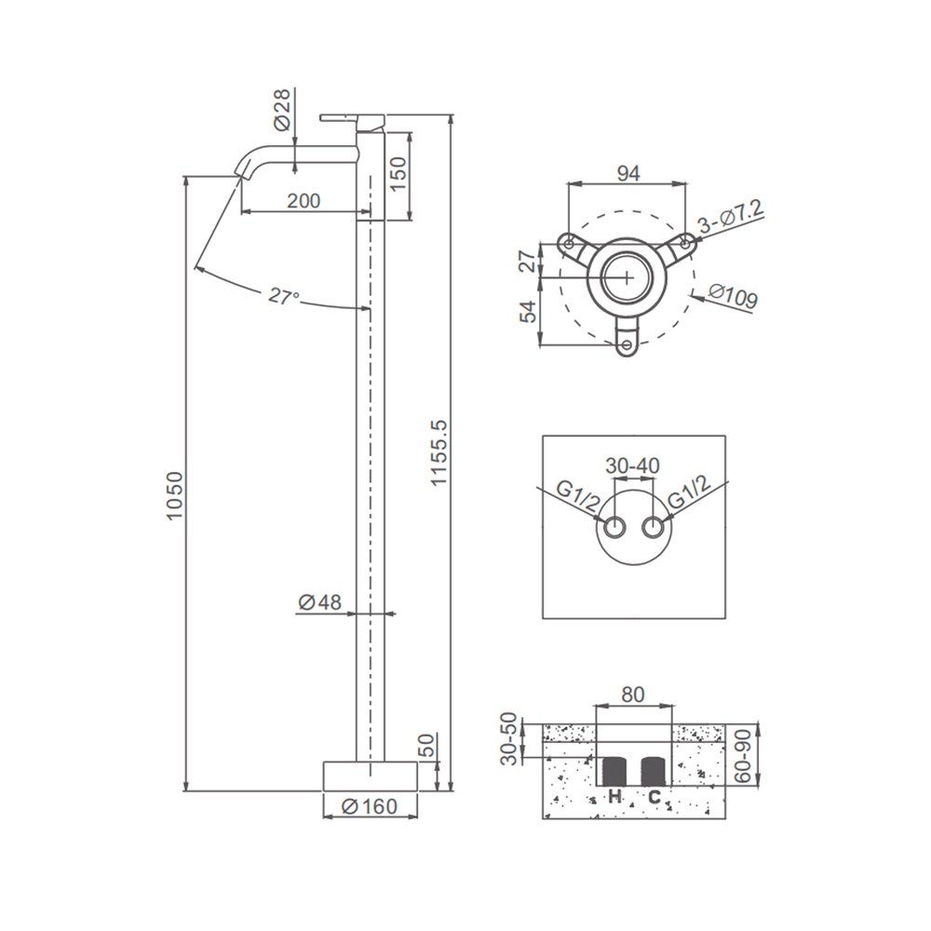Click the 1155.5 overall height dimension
tap(439, 452)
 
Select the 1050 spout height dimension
tap(175, 496)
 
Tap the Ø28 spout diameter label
tap(282, 109)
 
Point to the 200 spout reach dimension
tap(304, 201)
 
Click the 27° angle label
tap(283, 296)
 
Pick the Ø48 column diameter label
tap(320, 602)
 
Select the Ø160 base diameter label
tap(370, 806)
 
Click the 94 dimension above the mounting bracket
tap(628, 173)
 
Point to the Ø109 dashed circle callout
tap(734, 296)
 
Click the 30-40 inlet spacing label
tap(632, 465)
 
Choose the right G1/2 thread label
tap(689, 492)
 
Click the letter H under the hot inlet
tap(614, 796)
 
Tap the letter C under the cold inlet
tap(654, 796)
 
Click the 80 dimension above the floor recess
tap(632, 695)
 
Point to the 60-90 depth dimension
tap(744, 756)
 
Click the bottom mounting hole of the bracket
tap(627, 344)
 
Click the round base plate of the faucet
tap(370, 776)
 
